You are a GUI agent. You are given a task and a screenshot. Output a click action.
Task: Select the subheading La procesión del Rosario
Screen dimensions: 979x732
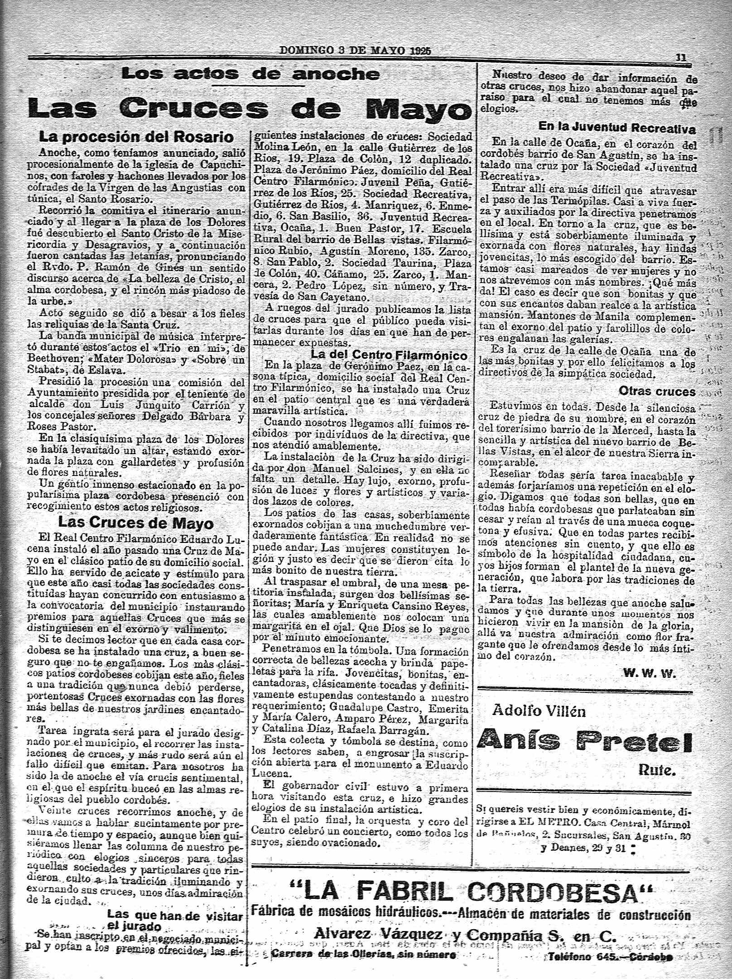click(x=136, y=137)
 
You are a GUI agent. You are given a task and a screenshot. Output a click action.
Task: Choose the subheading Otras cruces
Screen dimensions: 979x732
click(x=656, y=392)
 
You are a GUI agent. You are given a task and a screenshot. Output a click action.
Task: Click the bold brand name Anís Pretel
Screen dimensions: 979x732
click(x=585, y=741)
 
